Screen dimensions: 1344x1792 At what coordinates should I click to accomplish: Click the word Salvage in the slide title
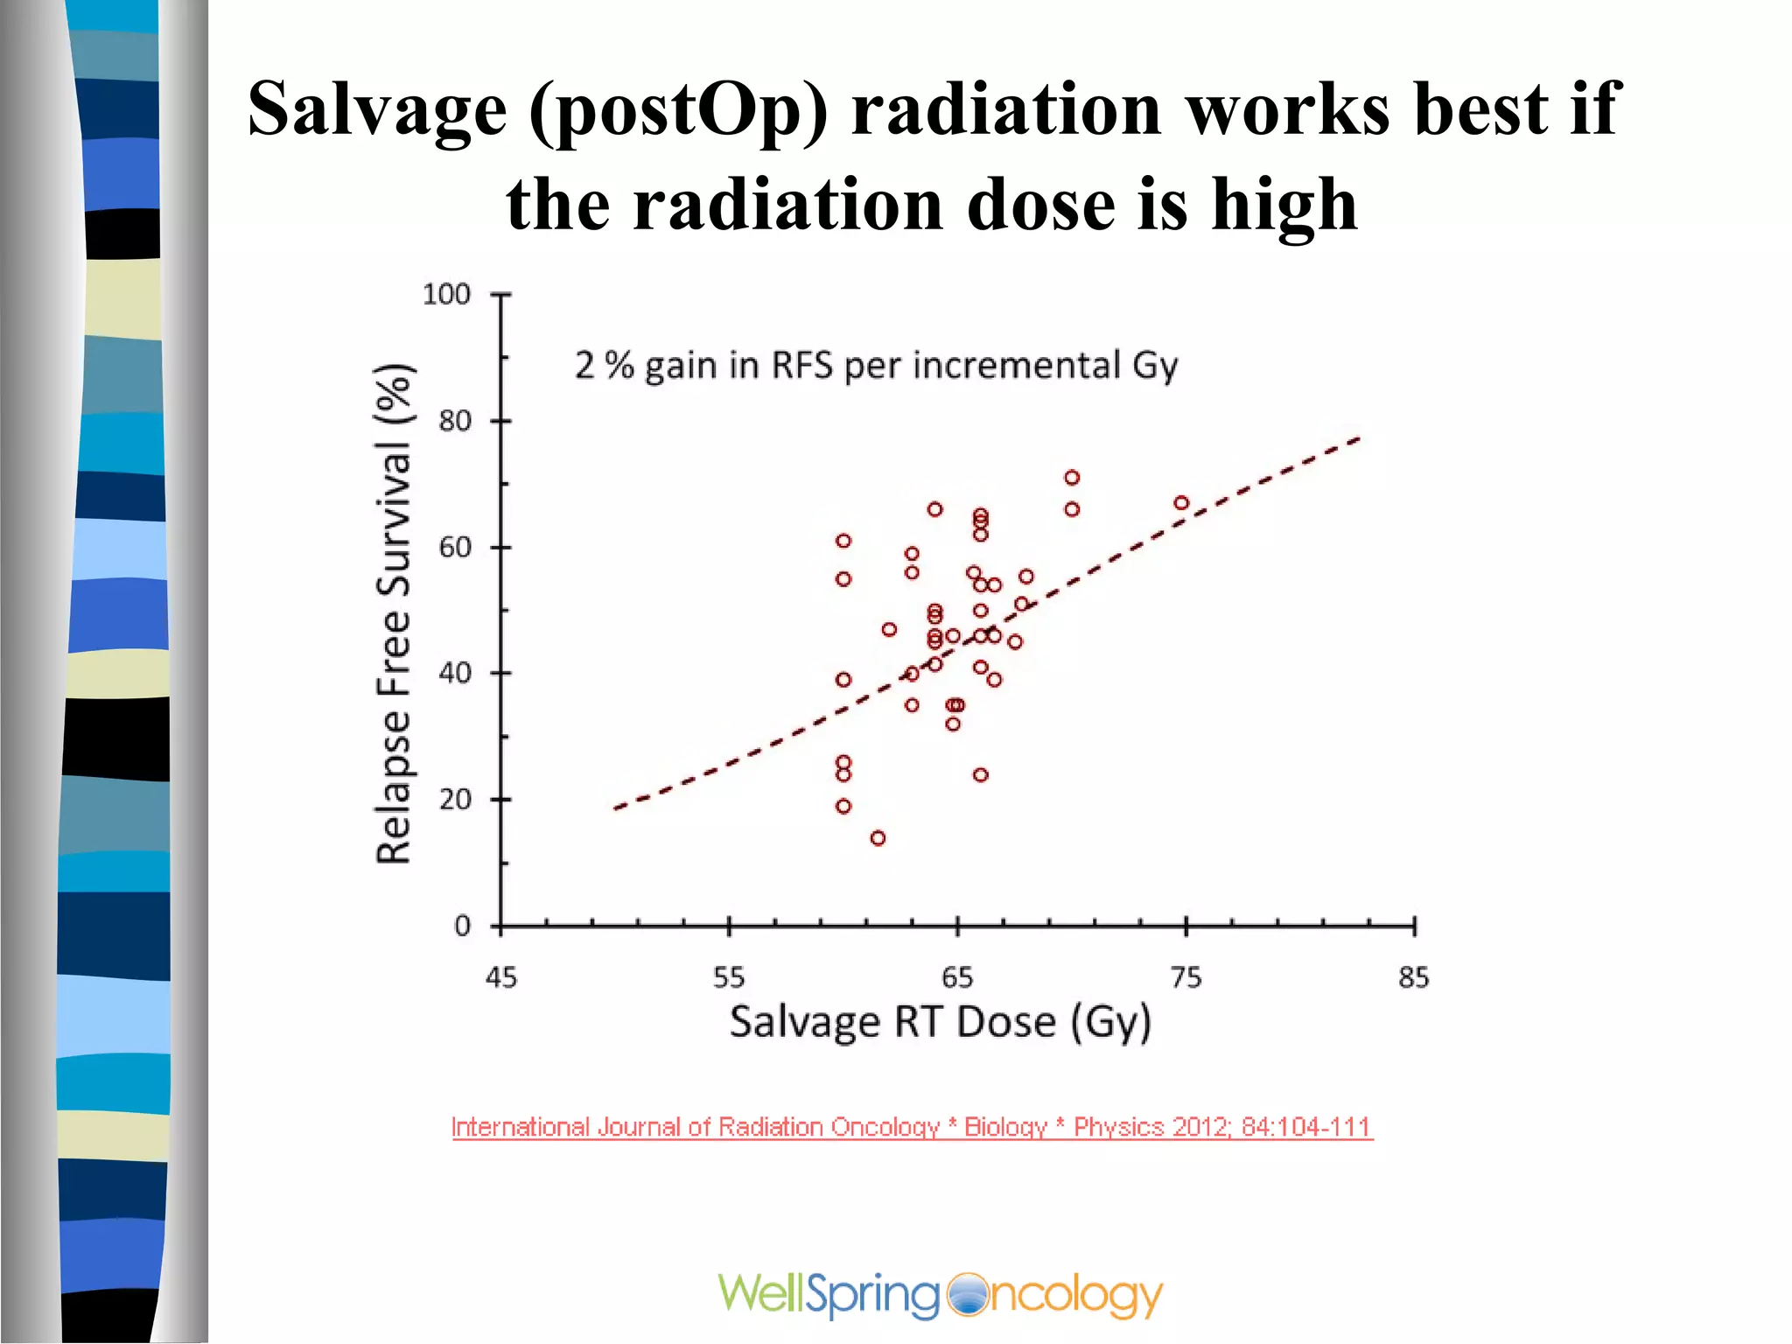click(377, 109)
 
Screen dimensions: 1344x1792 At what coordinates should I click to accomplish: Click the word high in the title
click(1284, 204)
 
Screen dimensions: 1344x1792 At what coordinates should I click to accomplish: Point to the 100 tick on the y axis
click(446, 294)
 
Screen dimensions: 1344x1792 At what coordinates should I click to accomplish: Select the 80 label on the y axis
click(455, 421)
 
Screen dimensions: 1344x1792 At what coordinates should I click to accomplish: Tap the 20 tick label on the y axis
click(455, 799)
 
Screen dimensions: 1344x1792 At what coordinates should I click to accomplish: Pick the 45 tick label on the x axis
click(500, 977)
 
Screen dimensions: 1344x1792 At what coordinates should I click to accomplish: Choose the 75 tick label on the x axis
click(1186, 977)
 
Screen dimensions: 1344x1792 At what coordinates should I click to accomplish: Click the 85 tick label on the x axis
click(1413, 977)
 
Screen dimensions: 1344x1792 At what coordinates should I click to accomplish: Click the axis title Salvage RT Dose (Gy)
click(940, 1022)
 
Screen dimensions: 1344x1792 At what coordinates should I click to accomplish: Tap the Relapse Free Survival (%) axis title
click(394, 612)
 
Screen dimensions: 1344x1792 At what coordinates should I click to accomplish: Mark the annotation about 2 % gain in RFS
click(875, 366)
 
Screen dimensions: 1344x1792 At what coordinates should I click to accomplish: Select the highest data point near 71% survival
click(1072, 477)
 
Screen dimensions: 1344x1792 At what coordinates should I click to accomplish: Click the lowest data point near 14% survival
click(878, 838)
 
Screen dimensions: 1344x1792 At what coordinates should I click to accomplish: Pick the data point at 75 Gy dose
click(1181, 502)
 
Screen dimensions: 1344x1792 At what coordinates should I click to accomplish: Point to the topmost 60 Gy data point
click(843, 541)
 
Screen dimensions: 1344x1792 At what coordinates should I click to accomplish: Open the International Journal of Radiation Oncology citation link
click(912, 1127)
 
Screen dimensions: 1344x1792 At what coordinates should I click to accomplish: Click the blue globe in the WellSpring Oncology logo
click(967, 1295)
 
